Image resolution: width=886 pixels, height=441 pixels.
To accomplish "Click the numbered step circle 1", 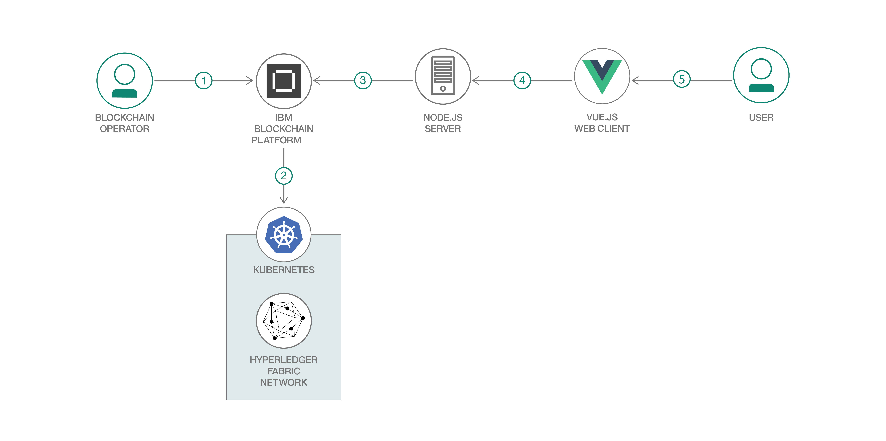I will coord(204,81).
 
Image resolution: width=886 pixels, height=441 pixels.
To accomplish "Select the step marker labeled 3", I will coord(363,81).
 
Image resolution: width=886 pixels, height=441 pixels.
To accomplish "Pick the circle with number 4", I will coord(522,81).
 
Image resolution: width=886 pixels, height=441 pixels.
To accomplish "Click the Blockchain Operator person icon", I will coord(125,81).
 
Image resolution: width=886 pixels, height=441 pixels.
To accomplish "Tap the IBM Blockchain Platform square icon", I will coord(284,81).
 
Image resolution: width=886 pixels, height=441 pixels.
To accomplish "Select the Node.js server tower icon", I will coord(443,76).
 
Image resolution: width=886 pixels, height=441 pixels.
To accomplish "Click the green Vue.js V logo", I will coord(602,76).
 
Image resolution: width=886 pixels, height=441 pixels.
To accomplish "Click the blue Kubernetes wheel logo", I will coord(284,235).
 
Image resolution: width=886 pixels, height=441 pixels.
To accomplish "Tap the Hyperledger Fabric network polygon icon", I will coord(284,321).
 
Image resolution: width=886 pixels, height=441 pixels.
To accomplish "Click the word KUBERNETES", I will coord(284,270).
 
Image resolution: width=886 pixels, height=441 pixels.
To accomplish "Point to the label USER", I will coord(761,118).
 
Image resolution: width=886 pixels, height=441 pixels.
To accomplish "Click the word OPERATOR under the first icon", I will coord(125,129).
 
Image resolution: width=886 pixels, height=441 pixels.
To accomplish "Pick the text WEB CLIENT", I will coord(602,129).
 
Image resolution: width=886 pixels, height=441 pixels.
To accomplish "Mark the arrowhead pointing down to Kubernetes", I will coord(284,200).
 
